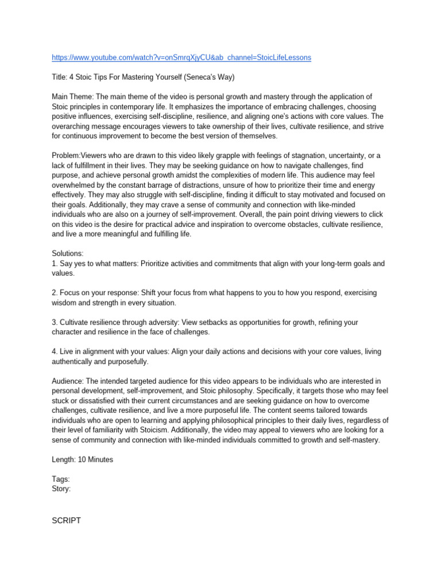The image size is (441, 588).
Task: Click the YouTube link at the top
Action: click(x=181, y=58)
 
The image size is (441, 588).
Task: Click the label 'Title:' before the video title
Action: click(x=60, y=78)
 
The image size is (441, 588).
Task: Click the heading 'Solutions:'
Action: click(x=68, y=253)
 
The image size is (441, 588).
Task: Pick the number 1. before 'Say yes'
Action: click(x=55, y=264)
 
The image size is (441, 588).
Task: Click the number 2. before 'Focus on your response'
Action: click(x=55, y=293)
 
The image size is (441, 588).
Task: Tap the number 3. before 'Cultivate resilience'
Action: click(x=55, y=322)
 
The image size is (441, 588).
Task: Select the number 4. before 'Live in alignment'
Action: click(x=55, y=351)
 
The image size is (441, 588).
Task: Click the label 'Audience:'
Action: click(x=68, y=381)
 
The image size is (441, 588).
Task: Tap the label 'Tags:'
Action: click(x=61, y=479)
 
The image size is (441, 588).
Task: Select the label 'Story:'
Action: click(x=61, y=489)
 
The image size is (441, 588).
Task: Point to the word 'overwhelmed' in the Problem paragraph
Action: click(x=73, y=185)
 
